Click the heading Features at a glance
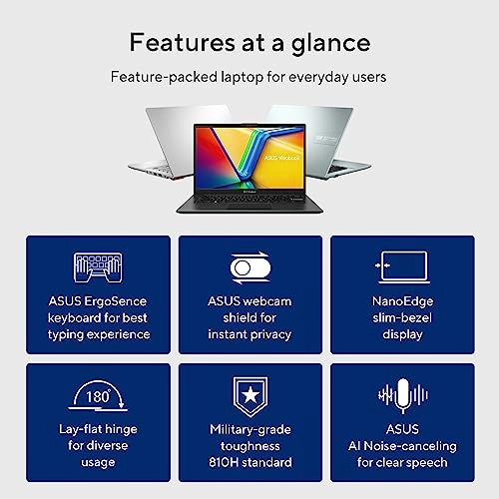tap(249, 43)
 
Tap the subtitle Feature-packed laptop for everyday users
tap(249, 76)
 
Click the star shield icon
tap(249, 397)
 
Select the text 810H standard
tap(249, 462)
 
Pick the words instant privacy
tap(249, 334)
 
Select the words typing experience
tap(97, 334)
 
